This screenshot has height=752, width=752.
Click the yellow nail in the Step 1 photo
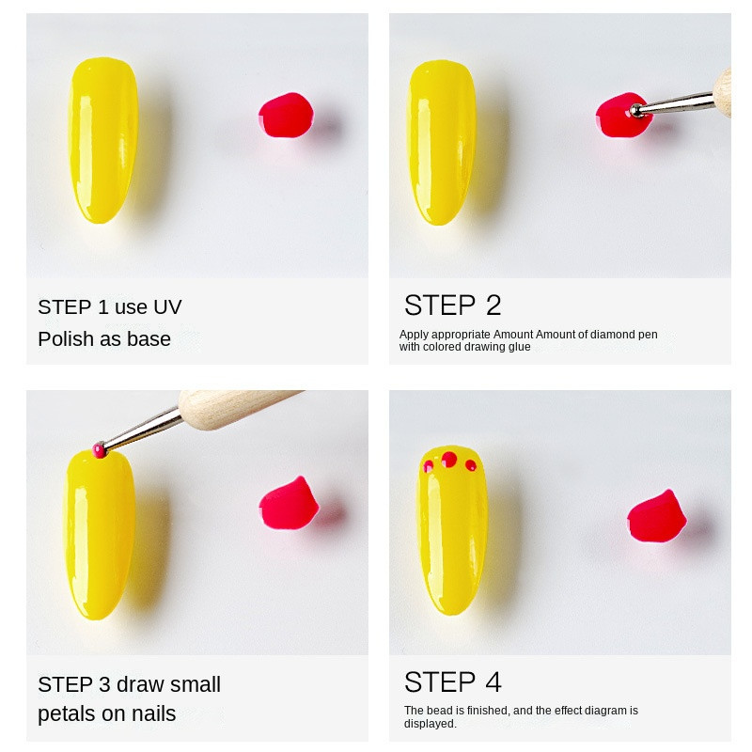[x=103, y=140]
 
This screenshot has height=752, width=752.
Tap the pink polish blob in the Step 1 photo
[x=286, y=116]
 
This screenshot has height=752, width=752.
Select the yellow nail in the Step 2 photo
[x=441, y=142]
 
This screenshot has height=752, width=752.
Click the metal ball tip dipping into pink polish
[x=636, y=111]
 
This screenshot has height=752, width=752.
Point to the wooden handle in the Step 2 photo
[x=722, y=92]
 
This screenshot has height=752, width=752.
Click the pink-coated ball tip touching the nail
[x=99, y=450]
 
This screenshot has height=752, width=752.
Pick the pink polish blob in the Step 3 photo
[x=289, y=504]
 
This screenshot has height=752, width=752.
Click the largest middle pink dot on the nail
[x=449, y=460]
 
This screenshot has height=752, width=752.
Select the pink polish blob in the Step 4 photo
[x=656, y=516]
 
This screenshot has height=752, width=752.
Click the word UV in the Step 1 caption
[x=167, y=307]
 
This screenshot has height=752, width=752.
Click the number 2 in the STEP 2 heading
[x=493, y=305]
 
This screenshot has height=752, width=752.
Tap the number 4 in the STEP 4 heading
[x=493, y=682]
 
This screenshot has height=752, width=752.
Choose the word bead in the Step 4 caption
[x=438, y=711]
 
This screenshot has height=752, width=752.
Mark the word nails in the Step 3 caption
[x=154, y=713]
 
